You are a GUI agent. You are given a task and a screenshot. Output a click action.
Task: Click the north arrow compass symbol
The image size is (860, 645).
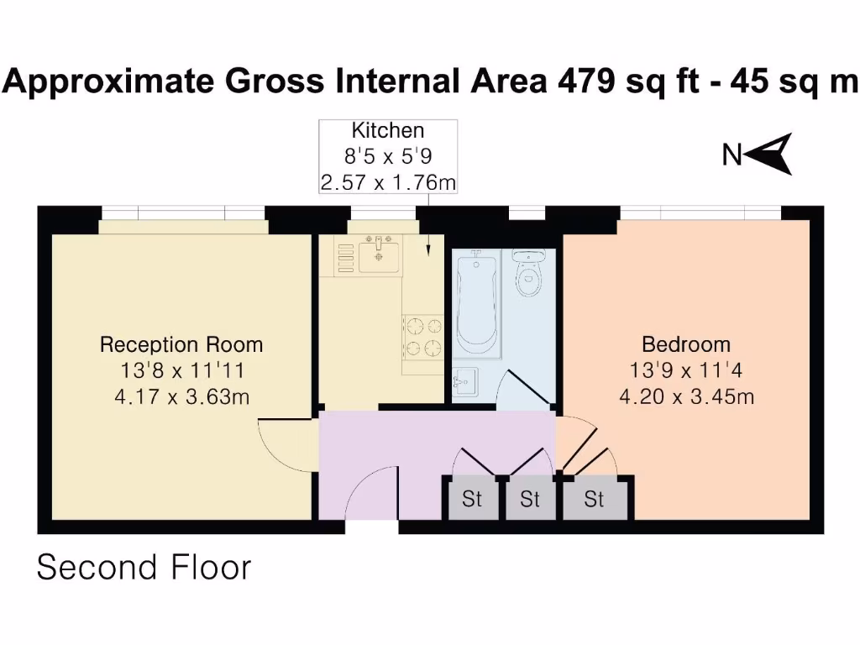[768, 154]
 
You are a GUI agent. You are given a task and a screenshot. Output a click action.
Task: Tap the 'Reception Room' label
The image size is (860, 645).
[181, 344]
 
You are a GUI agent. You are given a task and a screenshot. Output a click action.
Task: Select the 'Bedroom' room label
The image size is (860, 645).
[685, 344]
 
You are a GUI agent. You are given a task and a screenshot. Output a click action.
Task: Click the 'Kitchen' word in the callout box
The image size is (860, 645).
[387, 131]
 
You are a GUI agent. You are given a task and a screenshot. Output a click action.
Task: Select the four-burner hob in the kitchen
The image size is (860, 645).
[423, 336]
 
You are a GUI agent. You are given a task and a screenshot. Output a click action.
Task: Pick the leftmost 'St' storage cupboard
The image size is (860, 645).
[472, 499]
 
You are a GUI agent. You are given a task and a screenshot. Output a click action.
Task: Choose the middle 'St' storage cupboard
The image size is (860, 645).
[529, 499]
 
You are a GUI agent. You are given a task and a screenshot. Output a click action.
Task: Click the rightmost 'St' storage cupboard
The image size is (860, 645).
[595, 499]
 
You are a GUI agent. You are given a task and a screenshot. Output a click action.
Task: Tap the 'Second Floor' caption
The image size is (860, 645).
[144, 568]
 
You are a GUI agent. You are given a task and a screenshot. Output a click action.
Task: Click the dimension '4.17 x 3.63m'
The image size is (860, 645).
[181, 396]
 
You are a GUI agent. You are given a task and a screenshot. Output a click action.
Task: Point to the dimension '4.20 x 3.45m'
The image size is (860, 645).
[685, 396]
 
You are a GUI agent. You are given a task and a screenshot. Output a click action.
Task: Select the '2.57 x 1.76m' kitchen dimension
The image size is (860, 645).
[387, 181]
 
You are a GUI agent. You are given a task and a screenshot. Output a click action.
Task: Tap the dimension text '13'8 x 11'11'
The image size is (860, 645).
[181, 370]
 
